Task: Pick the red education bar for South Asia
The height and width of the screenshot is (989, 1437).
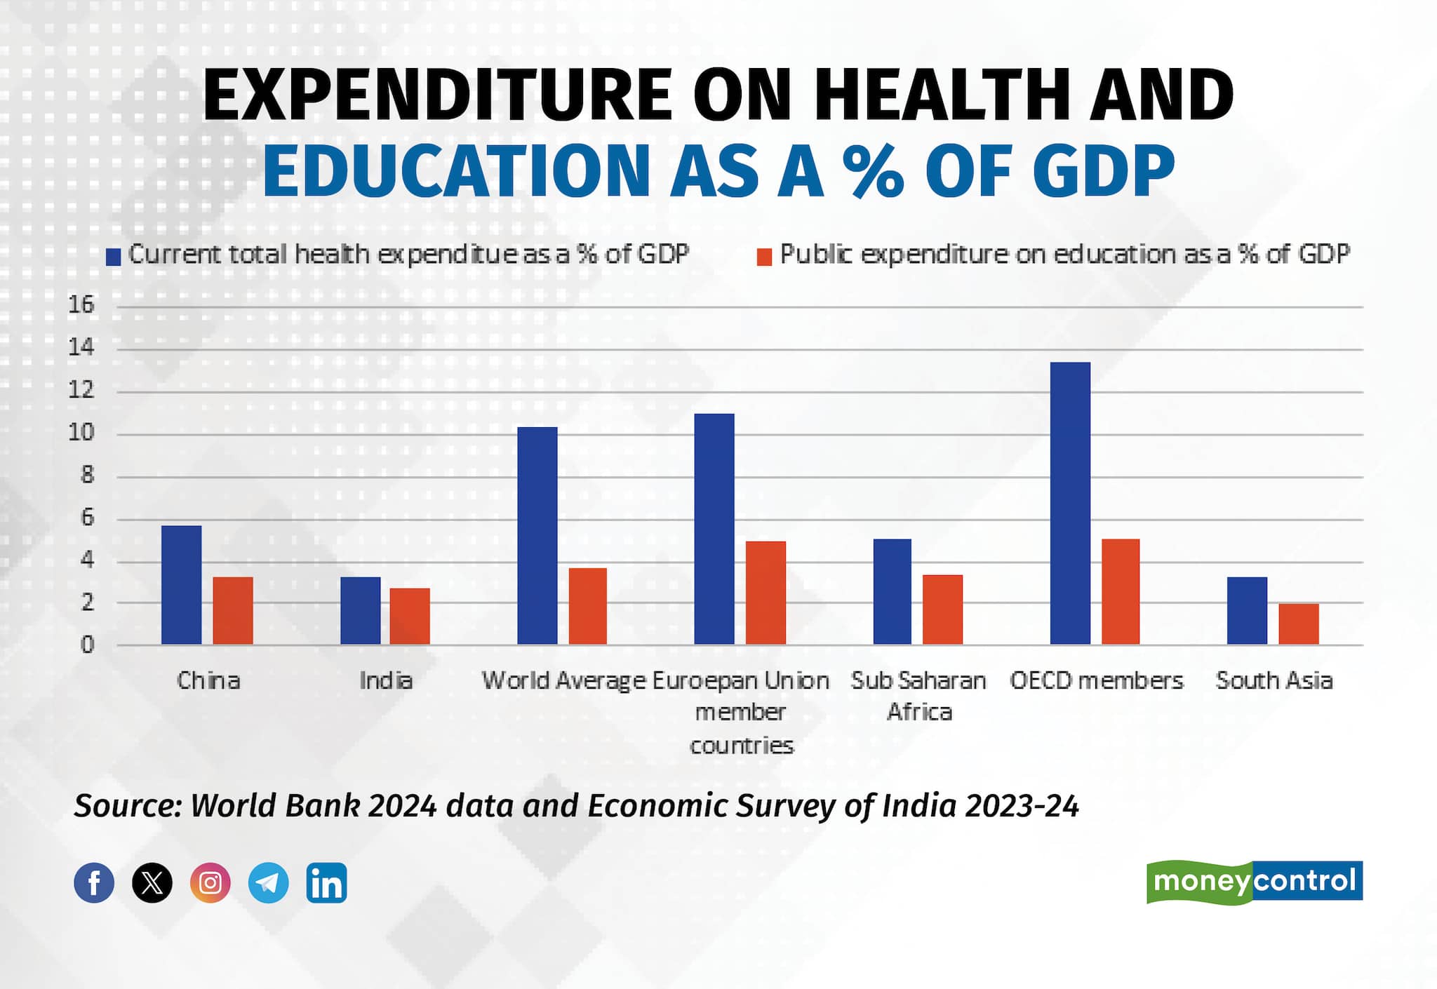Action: pyautogui.click(x=1298, y=624)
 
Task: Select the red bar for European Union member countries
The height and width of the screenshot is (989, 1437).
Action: pyautogui.click(x=766, y=593)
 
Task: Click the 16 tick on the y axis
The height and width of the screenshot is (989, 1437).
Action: pyautogui.click(x=81, y=305)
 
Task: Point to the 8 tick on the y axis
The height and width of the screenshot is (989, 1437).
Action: pyautogui.click(x=86, y=476)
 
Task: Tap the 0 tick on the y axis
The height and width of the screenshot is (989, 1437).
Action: pyautogui.click(x=86, y=645)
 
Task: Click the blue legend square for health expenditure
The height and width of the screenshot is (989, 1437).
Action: pyautogui.click(x=114, y=257)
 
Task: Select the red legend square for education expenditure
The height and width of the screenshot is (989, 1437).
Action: pyautogui.click(x=764, y=257)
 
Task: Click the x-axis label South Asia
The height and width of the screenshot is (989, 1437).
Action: pyautogui.click(x=1274, y=680)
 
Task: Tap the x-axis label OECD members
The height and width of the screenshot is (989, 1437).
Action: pyautogui.click(x=1096, y=680)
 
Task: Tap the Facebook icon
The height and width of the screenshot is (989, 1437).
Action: pyautogui.click(x=94, y=882)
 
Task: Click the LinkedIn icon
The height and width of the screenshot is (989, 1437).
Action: pyautogui.click(x=326, y=882)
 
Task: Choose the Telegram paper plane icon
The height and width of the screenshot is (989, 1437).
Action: pyautogui.click(x=268, y=882)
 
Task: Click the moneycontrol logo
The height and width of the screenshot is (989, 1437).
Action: pyautogui.click(x=1254, y=881)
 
